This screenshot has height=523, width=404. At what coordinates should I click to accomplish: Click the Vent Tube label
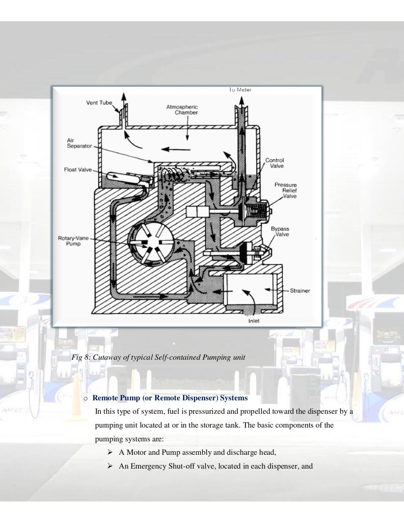click(99, 103)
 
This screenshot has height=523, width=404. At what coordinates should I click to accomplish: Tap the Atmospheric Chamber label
click(182, 110)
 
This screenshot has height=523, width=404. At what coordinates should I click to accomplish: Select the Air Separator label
click(79, 143)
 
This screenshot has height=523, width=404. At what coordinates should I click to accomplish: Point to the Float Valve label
click(78, 170)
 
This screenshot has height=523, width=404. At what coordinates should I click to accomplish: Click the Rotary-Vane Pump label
click(73, 241)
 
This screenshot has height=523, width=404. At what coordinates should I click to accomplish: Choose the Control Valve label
click(274, 163)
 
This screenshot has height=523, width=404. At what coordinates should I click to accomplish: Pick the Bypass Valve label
click(280, 232)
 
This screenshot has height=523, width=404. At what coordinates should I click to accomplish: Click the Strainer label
click(300, 291)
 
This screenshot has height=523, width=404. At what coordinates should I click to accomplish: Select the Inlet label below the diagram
click(254, 321)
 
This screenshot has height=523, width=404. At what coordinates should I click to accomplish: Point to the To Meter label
click(240, 90)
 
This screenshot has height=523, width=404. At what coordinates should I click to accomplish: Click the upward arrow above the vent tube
click(124, 97)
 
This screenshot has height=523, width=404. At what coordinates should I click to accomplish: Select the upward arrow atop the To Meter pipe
click(240, 99)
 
